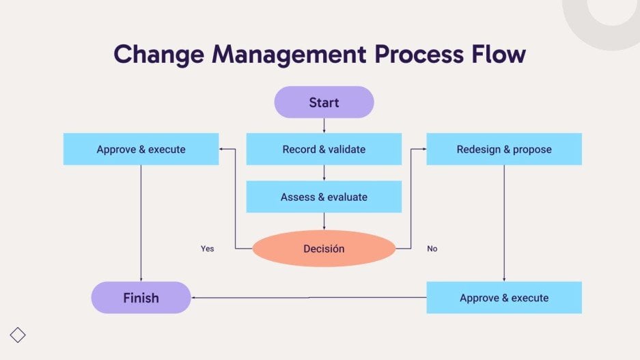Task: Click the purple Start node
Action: coord(324,102)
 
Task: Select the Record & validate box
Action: coord(324,149)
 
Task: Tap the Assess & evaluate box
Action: coord(324,197)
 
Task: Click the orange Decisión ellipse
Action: coord(324,249)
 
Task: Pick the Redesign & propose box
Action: coord(504,149)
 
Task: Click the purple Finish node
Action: coord(141,298)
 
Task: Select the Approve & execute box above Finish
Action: coord(141,149)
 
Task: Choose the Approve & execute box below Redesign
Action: coord(504,298)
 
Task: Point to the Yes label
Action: coord(207,249)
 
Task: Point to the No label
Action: coord(432,249)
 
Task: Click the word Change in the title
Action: coord(158,54)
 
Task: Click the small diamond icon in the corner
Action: coord(18,335)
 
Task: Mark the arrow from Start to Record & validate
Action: coord(324,126)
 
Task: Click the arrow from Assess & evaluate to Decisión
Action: coord(324,221)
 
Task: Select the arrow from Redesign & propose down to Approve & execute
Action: coord(504,223)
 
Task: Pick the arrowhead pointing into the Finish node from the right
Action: coord(194,298)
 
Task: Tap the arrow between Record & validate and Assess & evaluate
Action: coord(324,173)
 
